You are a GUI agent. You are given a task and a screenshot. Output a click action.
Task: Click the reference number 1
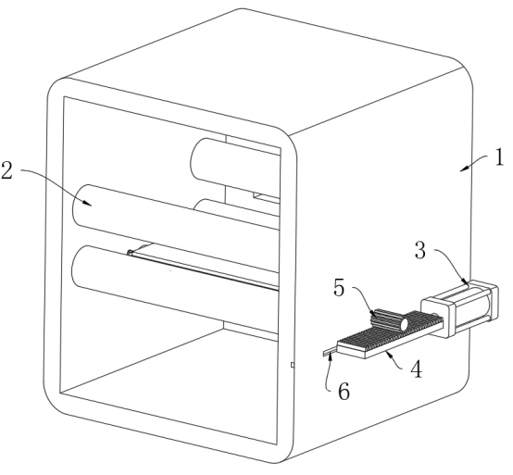[498, 157]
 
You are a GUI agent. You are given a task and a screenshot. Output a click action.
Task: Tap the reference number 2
[6, 170]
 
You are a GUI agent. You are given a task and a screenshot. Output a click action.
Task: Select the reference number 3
[420, 250]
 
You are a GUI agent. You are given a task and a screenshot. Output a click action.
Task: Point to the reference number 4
[416, 369]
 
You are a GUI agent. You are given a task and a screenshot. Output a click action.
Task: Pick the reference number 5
[339, 288]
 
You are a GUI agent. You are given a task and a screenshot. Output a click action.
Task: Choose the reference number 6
[344, 392]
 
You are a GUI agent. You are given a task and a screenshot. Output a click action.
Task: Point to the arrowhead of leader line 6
[331, 356]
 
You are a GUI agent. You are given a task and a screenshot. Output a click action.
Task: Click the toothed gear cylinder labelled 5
[389, 319]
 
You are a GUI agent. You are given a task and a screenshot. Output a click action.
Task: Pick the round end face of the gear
[404, 324]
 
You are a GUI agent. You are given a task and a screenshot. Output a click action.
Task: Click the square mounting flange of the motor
[436, 316]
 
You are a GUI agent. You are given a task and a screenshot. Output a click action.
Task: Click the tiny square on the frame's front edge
[293, 365]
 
